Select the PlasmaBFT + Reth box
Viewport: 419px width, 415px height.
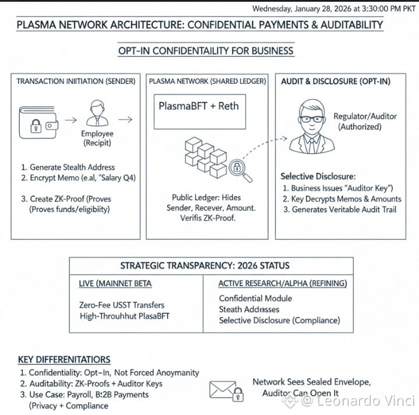[x=199, y=107]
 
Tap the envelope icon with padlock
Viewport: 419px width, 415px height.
[x=226, y=389]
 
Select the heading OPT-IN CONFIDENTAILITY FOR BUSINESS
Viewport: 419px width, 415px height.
[x=206, y=51]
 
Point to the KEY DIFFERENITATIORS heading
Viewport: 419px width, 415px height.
[x=64, y=360]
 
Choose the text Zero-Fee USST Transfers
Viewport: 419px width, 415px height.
[x=121, y=305]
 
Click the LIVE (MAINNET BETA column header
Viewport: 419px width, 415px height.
[x=115, y=284]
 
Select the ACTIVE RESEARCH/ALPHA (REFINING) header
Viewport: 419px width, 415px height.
[x=283, y=284]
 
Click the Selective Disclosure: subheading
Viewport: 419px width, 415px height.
[x=318, y=176]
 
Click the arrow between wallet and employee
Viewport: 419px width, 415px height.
[x=70, y=120]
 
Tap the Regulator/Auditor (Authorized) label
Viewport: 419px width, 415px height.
[x=365, y=121]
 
